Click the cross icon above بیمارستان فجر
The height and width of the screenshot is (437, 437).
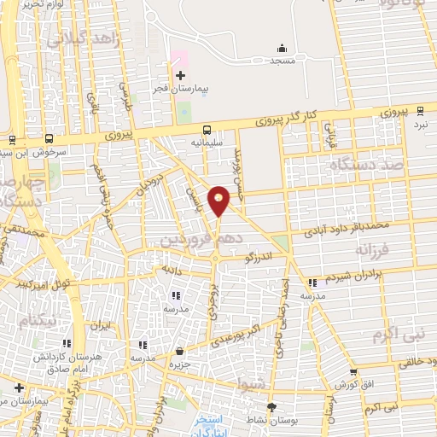pos(180,76)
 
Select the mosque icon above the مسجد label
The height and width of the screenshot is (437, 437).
pos(282,48)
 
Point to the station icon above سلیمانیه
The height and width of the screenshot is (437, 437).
pos(207,131)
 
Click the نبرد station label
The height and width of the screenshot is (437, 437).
pos(421,125)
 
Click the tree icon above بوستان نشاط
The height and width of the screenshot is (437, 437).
pos(272,406)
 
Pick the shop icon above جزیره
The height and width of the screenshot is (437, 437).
pos(180,351)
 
